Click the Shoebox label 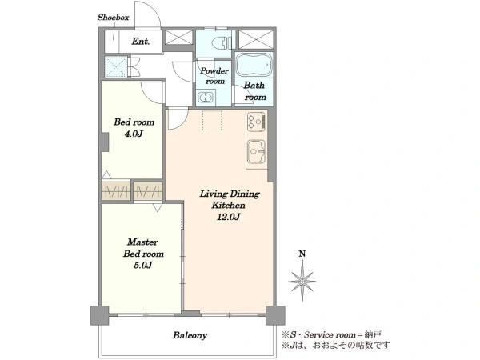(x=114, y=18)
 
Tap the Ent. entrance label (x=141, y=41)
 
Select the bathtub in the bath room (x=254, y=65)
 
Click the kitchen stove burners (x=257, y=121)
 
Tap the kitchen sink (x=256, y=151)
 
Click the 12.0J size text (x=228, y=217)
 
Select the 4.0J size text (x=134, y=134)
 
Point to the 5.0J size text (x=143, y=265)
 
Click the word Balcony (x=190, y=335)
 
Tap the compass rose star (x=302, y=281)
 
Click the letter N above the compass (x=302, y=254)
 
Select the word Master (x=142, y=242)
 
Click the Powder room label (x=214, y=76)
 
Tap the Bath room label (x=254, y=91)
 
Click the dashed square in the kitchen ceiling (x=212, y=120)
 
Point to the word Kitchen (x=228, y=205)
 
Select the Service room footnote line (x=332, y=334)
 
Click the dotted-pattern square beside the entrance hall (x=116, y=66)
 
